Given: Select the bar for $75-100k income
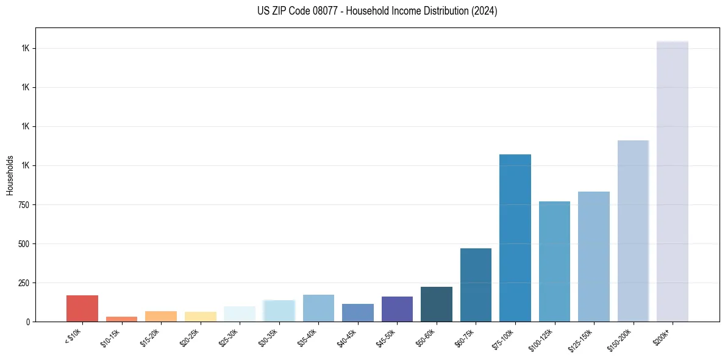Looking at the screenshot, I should [515, 238].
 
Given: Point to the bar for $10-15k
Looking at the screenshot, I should [121, 319].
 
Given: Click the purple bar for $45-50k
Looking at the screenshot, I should [397, 309].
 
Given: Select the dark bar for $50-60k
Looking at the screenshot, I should [437, 304].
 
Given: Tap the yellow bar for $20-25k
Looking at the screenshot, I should [200, 317].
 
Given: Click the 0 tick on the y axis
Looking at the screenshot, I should [28, 322].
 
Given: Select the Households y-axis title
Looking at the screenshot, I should [10, 175].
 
